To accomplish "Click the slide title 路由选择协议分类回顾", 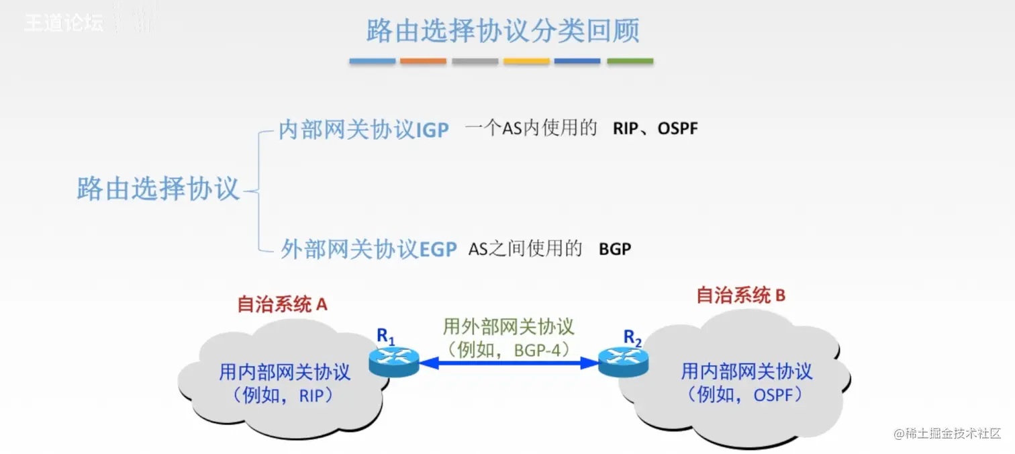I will pos(502,32).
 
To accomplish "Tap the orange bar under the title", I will pos(423,61).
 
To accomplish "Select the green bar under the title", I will pos(630,61).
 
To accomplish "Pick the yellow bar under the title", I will pos(526,61).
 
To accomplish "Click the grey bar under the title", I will pos(475,61).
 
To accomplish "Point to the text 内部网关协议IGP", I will pos(363,130).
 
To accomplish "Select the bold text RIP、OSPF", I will pos(655,128).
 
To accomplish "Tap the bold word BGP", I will pos(615,249).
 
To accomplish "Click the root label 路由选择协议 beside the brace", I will pos(158,189).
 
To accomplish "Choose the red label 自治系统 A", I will pos(282,304).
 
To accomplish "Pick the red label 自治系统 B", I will pos(740,296).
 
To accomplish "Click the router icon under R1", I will pos(394,362).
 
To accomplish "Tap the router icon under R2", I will pos(624,362).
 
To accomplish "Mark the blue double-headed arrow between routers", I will pos(509,363).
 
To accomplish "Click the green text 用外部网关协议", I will pos(508,327).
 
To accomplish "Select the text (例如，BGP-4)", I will pos(508,349).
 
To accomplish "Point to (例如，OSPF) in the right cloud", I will pos(746,394).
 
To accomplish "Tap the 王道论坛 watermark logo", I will pos(64,23).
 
